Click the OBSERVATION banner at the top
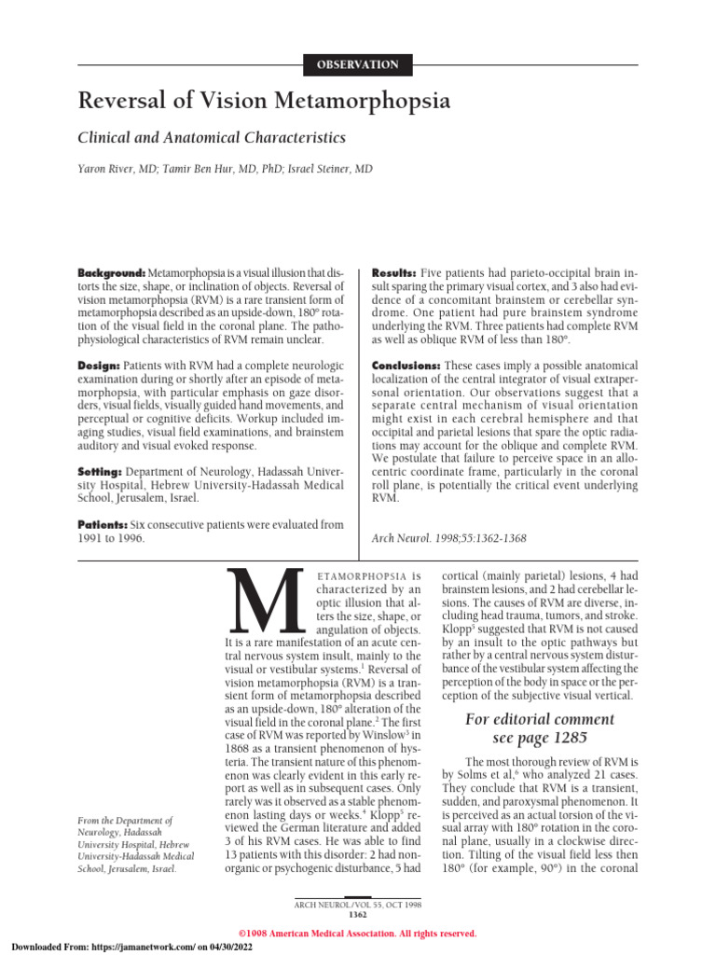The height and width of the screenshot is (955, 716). [x=358, y=64]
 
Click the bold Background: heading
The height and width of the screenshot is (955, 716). [x=111, y=271]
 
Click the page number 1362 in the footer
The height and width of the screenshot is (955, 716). [x=357, y=915]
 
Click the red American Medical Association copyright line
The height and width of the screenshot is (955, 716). [x=357, y=934]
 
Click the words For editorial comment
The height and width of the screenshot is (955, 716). [x=540, y=720]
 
